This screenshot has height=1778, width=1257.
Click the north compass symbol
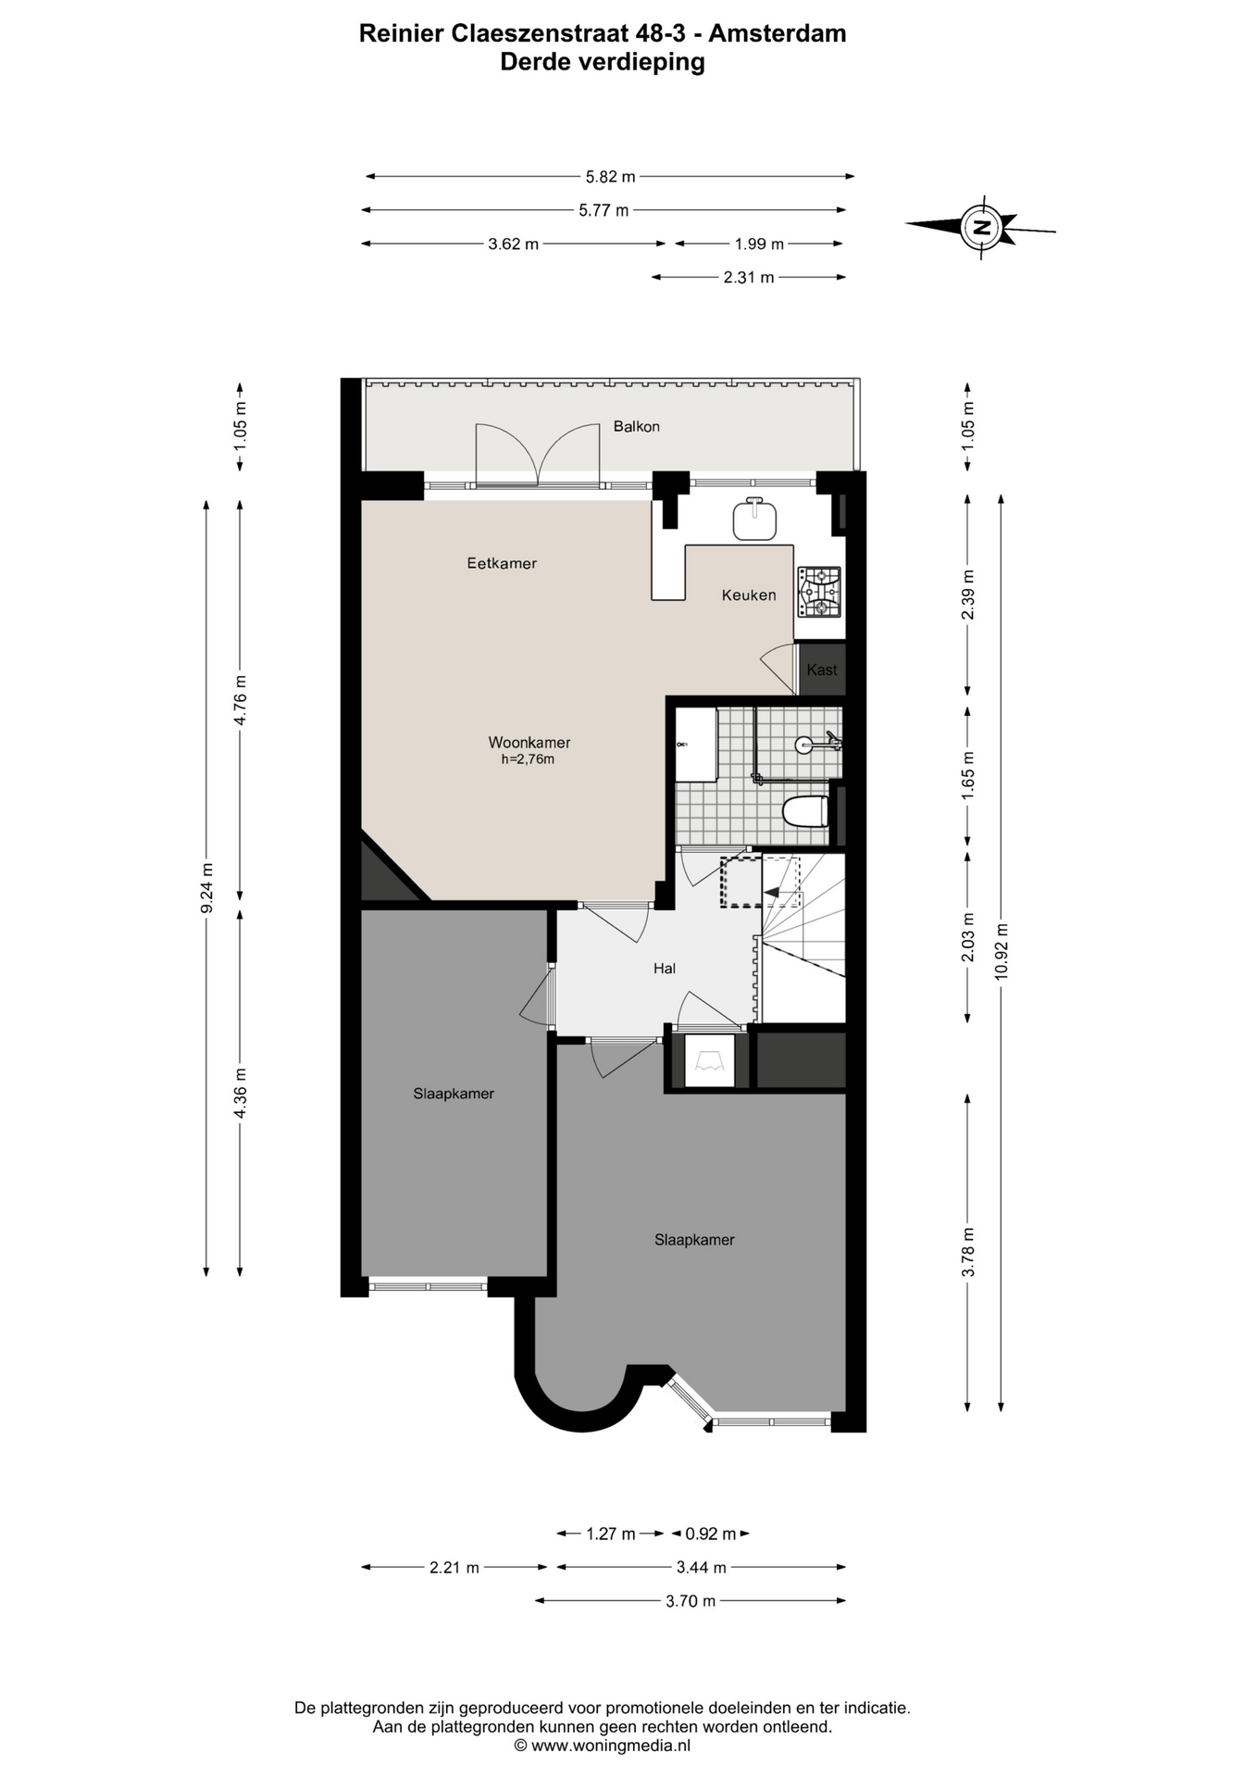pyautogui.click(x=981, y=225)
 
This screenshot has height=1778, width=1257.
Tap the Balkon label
pyautogui.click(x=636, y=427)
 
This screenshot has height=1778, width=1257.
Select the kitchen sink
pyautogui.click(x=755, y=519)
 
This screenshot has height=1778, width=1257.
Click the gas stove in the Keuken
pyautogui.click(x=819, y=592)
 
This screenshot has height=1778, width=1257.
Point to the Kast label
pyautogui.click(x=822, y=670)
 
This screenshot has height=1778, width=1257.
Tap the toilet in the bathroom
pyautogui.click(x=805, y=812)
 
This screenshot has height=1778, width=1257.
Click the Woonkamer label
pyautogui.click(x=529, y=743)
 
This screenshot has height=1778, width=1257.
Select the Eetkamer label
pyautogui.click(x=502, y=563)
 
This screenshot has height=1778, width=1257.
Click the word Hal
pyautogui.click(x=665, y=969)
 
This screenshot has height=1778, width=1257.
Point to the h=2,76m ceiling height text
pyautogui.click(x=528, y=760)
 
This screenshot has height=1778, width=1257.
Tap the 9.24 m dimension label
pyautogui.click(x=206, y=888)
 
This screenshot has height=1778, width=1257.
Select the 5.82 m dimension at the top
pyautogui.click(x=610, y=176)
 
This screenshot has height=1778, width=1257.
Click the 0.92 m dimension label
pyautogui.click(x=710, y=1534)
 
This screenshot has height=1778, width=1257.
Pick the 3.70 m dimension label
pyautogui.click(x=691, y=1601)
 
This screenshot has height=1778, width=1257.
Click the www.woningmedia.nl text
pyautogui.click(x=611, y=1746)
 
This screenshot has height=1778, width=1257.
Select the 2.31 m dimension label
pyautogui.click(x=749, y=277)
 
